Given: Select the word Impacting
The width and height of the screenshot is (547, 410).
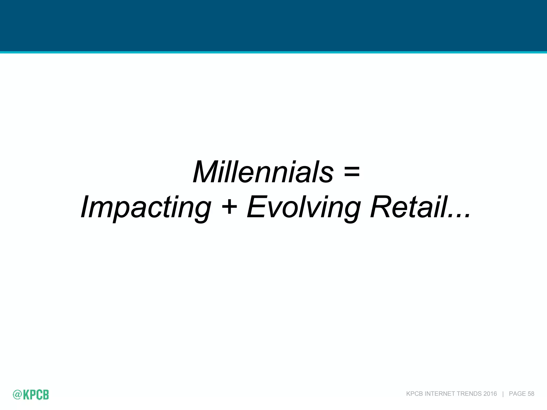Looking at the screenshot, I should [x=146, y=208].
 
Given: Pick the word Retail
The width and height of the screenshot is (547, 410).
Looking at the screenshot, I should [x=409, y=207].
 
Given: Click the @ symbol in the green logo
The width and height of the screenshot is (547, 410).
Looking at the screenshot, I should [x=17, y=395].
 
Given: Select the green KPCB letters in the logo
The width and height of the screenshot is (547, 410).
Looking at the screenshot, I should [x=36, y=395].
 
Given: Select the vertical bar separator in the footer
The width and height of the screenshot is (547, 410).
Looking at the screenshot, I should [x=503, y=394].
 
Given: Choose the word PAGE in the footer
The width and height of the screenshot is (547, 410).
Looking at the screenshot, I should [x=517, y=394].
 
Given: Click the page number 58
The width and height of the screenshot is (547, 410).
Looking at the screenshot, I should [x=531, y=394].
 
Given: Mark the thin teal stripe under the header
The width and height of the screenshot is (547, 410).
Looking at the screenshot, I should [x=273, y=52].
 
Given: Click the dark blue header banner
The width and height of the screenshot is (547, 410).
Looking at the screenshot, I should [x=273, y=25].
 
